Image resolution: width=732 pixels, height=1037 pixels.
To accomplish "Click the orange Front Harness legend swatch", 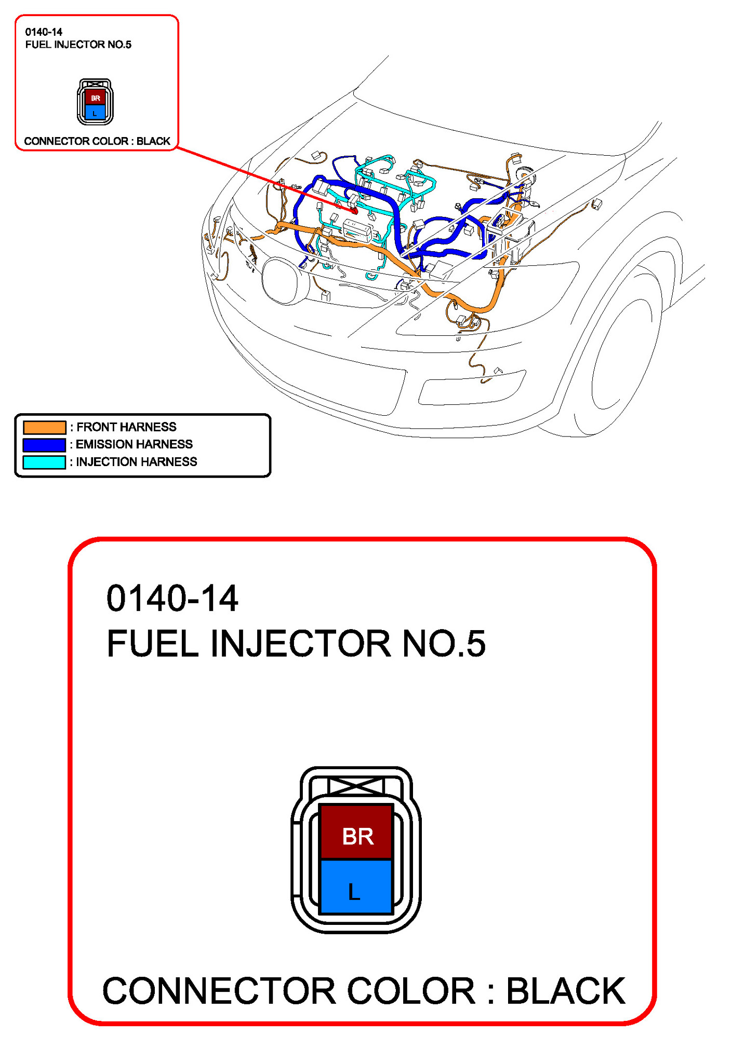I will (44, 427).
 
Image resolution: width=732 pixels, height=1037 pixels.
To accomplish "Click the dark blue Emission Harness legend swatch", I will (44, 445).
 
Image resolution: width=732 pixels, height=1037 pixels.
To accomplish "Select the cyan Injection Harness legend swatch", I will (44, 462).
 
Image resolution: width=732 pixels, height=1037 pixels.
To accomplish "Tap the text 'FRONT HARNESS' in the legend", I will (126, 427).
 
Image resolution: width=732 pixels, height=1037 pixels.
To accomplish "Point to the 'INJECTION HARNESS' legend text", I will (137, 462).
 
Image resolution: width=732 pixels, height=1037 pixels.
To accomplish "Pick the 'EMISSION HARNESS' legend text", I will (134, 444).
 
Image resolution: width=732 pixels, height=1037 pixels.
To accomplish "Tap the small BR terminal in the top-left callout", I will (95, 98).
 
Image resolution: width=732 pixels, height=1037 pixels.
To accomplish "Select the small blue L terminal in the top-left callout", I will (95, 113).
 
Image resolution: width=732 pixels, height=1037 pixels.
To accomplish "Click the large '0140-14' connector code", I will (172, 598).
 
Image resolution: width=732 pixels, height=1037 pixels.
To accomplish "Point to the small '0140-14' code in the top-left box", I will (44, 32).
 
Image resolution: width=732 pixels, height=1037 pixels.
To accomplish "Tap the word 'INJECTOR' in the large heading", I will (300, 644).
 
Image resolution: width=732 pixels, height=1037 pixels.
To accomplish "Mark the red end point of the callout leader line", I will (355, 211).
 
